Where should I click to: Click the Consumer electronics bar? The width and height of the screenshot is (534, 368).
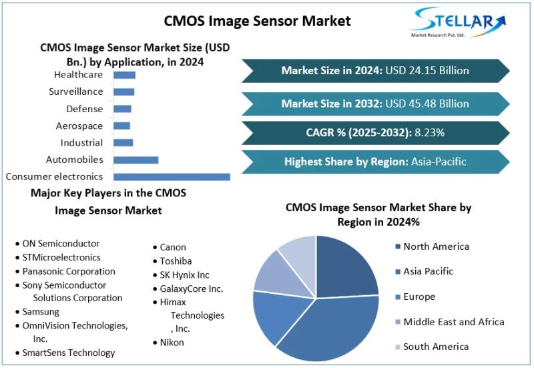[x=172, y=177]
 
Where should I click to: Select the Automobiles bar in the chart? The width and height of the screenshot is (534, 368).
[x=136, y=160]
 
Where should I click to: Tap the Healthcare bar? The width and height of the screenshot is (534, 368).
[x=124, y=75]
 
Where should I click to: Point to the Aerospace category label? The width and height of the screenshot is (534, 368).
[x=79, y=126]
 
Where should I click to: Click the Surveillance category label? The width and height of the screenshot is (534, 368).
[x=76, y=91]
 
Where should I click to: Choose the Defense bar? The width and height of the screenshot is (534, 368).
[x=122, y=109]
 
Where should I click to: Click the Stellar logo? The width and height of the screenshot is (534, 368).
[x=453, y=23]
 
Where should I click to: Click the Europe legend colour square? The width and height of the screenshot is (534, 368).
[x=398, y=297]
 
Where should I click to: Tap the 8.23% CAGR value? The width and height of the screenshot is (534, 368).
[x=430, y=132]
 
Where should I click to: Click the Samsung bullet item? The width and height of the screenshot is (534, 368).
[x=40, y=312]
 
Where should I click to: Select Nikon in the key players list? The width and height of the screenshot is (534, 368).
[x=172, y=342]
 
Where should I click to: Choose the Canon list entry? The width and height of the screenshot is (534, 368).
[x=173, y=247]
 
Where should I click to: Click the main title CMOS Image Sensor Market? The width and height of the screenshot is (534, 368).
[x=257, y=21]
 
